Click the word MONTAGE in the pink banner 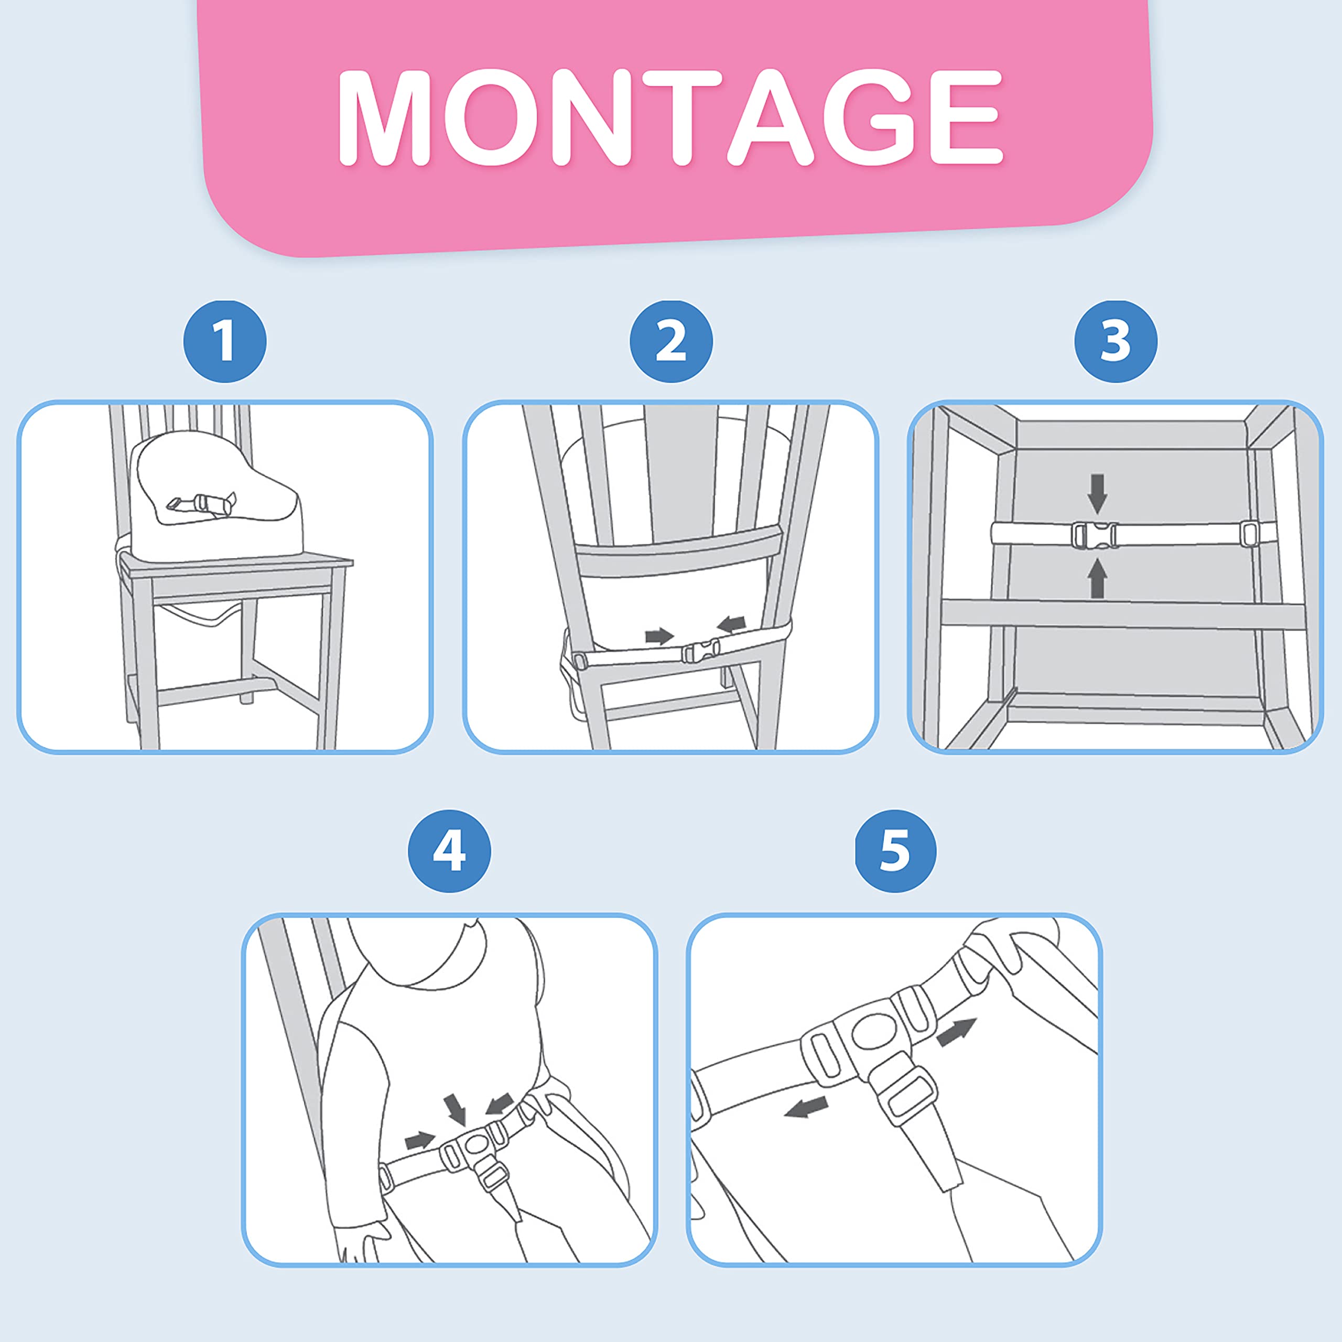pos(670,117)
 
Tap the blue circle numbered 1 pos(224,341)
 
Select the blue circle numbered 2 pos(671,341)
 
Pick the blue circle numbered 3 pos(1116,341)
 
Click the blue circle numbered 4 pos(449,851)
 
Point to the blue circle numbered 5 pos(895,851)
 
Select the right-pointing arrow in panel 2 pos(659,635)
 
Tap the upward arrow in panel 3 pos(1098,578)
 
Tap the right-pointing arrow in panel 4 pos(419,1140)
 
